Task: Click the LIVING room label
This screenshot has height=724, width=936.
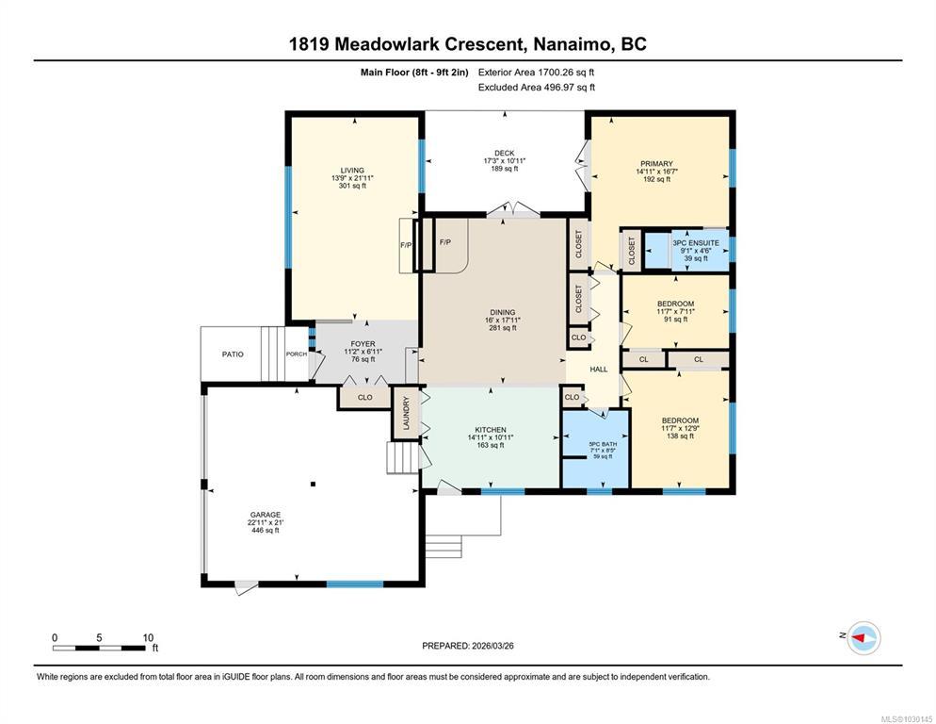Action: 352,171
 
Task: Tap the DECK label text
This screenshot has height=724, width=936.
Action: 505,153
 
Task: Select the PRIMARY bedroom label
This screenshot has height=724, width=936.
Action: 656,164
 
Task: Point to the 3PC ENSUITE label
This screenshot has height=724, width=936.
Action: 696,243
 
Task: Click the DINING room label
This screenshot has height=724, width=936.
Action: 503,312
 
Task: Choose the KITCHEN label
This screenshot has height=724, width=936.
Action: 491,430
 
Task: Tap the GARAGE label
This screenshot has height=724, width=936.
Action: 265,515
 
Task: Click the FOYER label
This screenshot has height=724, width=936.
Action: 363,344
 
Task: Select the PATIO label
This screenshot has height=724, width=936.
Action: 233,354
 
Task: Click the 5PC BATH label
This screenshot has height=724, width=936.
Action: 603,444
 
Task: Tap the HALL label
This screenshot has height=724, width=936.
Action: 599,370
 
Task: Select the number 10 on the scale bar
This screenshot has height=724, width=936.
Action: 148,637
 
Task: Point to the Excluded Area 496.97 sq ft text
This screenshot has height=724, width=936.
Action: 537,88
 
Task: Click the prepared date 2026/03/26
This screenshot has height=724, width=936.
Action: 492,646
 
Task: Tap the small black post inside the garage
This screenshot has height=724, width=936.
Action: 313,485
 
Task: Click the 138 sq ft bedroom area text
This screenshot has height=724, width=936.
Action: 680,436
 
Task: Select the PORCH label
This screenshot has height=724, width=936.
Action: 297,354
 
